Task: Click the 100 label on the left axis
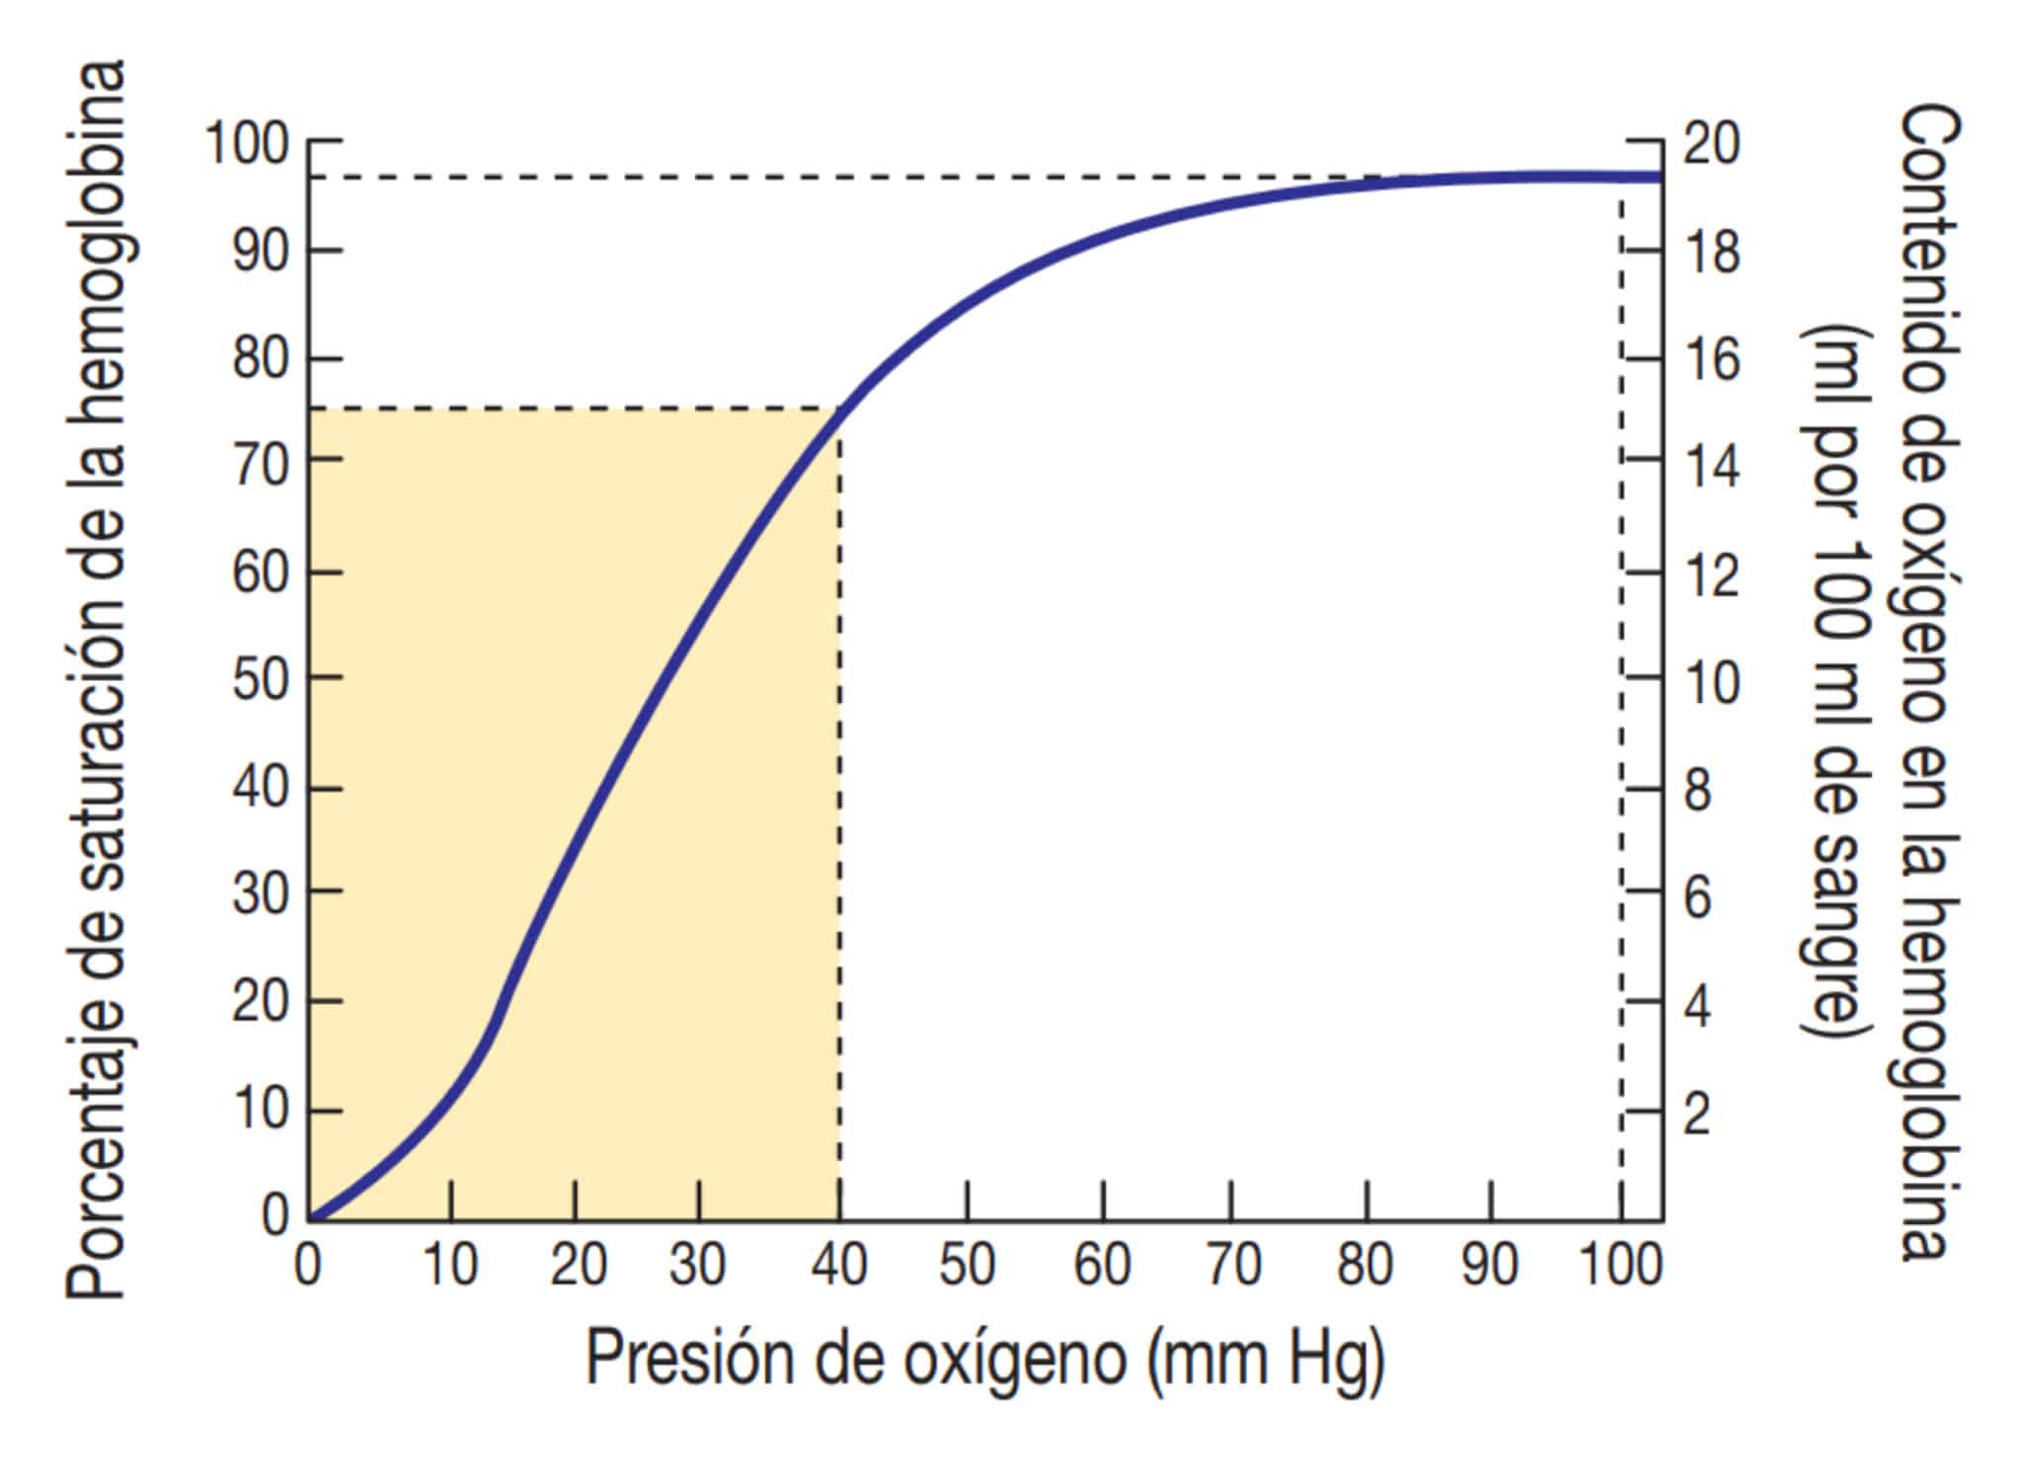pos(247,145)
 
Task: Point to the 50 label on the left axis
pos(261,679)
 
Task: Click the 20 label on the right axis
pos(1711,145)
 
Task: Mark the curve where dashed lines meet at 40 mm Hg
pos(839,408)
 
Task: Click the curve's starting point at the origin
pos(310,1218)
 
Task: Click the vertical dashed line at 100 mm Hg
pos(1620,691)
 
